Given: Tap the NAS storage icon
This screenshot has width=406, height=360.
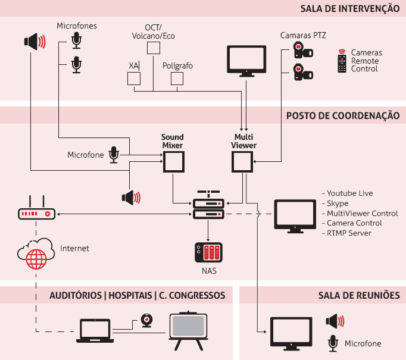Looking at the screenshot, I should coord(208,253).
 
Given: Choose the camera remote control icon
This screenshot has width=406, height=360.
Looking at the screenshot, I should coord(341,61).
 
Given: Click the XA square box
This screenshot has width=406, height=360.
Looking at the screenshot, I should coord(133,79).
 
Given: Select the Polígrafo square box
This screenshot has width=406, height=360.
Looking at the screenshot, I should coord(177,79).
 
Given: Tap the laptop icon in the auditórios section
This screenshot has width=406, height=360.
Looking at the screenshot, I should coord(95,331).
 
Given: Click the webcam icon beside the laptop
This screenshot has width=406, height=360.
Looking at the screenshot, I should coord(146,321).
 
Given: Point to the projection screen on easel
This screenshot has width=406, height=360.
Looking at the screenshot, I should coord(188,329).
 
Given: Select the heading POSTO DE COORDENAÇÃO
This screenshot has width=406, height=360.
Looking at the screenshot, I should coord(343,115).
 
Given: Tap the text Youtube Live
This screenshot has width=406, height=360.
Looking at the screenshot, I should coord(349,193).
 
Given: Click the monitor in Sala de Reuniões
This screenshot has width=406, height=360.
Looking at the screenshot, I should coord(291,334).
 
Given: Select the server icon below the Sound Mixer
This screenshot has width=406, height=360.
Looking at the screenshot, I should coord(208,205).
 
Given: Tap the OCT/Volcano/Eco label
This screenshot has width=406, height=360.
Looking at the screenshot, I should coord(154,32).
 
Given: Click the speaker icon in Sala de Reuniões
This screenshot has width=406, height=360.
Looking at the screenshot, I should coord(335,322).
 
